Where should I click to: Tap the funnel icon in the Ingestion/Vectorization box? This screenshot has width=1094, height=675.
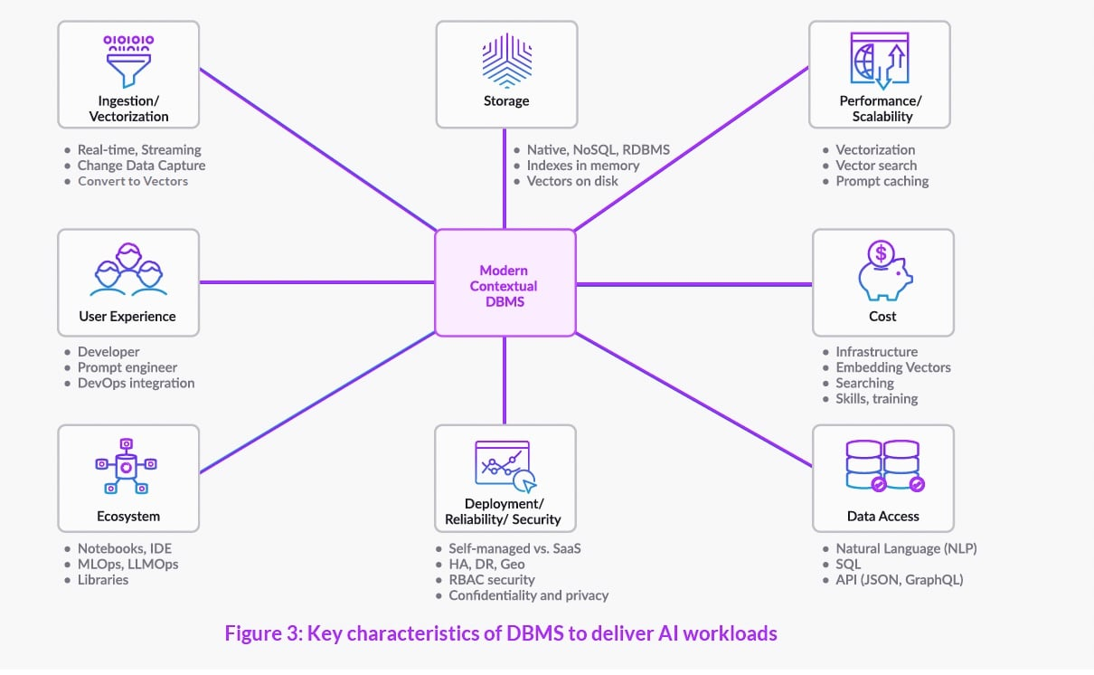coord(127,60)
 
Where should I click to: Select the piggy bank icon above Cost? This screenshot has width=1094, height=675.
coord(882,272)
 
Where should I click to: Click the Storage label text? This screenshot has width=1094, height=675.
coord(505,100)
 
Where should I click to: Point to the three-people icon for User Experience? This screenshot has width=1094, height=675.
coord(128,272)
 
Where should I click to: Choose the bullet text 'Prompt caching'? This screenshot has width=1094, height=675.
coord(882,181)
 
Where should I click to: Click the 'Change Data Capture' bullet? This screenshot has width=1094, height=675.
coord(141,166)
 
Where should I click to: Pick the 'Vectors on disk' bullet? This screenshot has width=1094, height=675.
coord(572,181)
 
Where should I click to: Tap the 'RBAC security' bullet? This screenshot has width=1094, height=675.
coord(492,579)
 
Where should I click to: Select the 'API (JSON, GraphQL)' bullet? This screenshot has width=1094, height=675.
coord(899,579)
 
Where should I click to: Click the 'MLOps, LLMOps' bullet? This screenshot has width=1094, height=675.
coord(127,564)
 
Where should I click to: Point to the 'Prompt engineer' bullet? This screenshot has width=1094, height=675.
coord(127,367)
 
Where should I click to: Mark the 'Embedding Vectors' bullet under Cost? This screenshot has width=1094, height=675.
coord(892,367)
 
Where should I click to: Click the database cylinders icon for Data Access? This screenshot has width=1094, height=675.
coord(882,467)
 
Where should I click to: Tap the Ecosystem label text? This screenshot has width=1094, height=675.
coord(128,517)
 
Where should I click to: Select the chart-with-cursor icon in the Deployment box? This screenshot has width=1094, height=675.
coord(505,467)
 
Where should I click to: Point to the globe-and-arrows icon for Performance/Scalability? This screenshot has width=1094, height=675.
coord(879,60)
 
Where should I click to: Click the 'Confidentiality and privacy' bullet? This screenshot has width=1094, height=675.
coord(528,595)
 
